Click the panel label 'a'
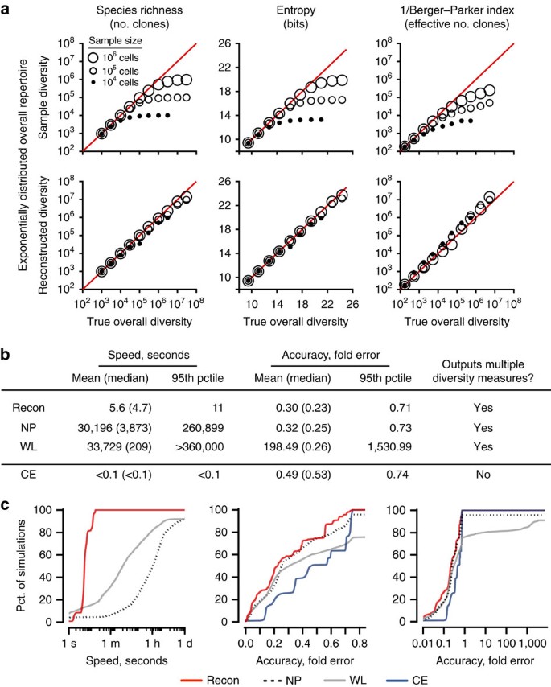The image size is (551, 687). [x=8, y=9]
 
